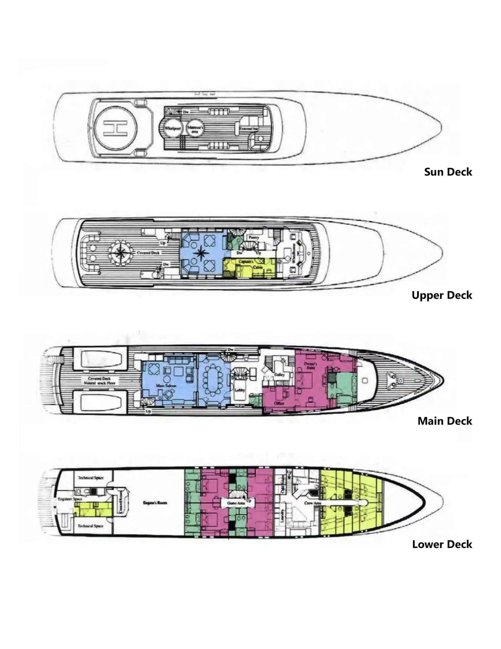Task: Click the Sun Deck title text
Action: [448, 172]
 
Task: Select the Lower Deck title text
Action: [442, 544]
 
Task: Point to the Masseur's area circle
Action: [195, 128]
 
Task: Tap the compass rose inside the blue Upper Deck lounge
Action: [201, 253]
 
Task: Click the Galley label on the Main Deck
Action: [279, 375]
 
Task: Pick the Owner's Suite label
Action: [310, 366]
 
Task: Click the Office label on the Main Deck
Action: [279, 403]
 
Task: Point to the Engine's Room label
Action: [155, 503]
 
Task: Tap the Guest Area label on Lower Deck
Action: [236, 503]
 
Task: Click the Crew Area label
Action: [312, 503]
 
